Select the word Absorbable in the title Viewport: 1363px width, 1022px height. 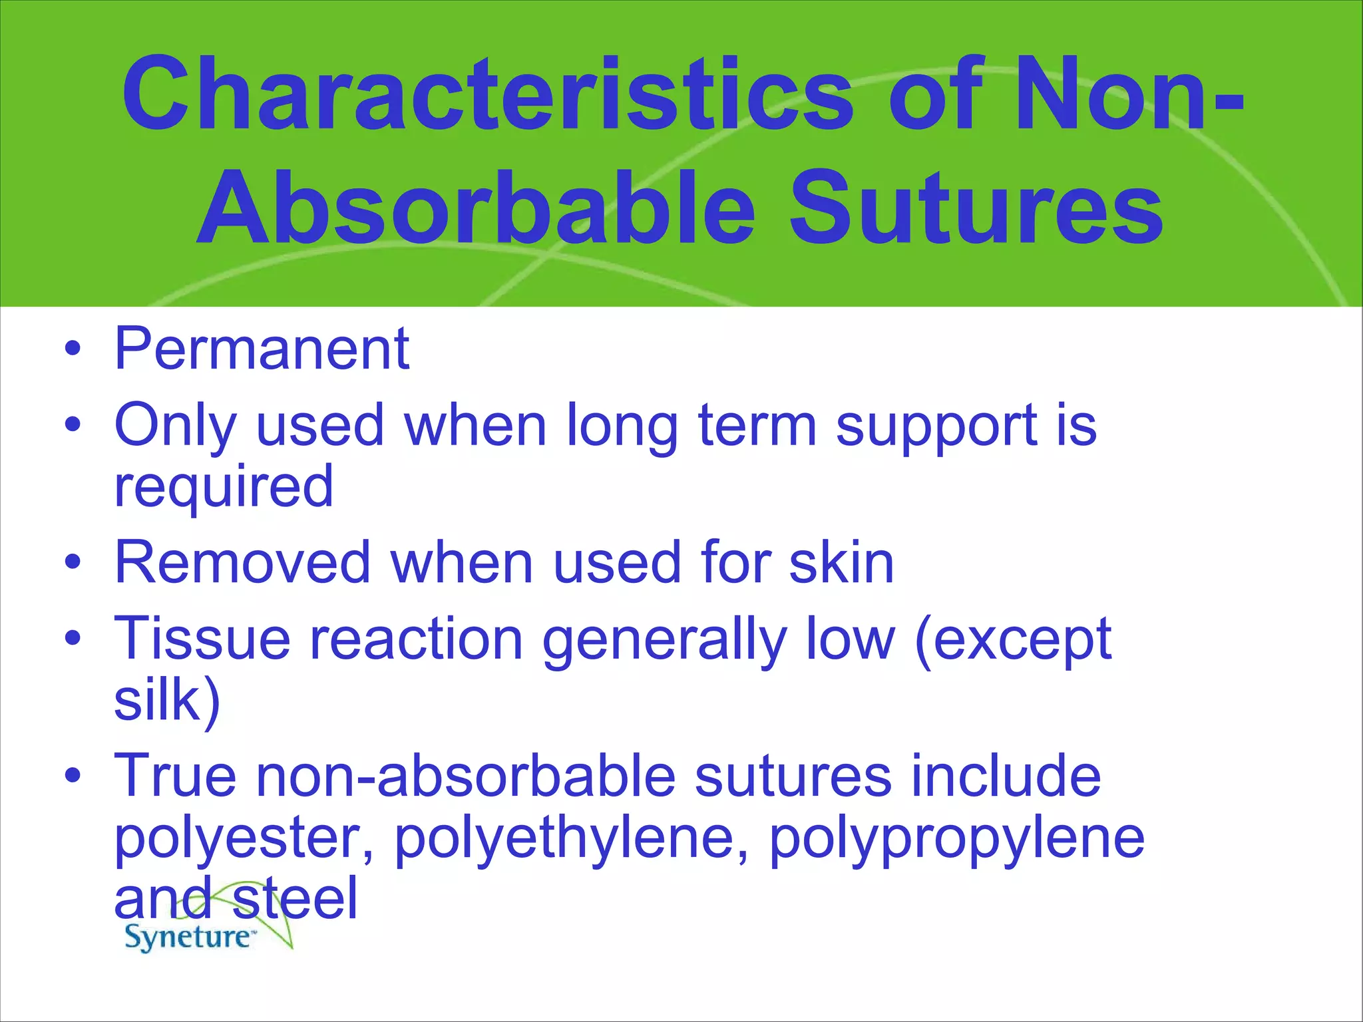click(x=476, y=208)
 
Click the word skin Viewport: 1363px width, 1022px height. click(x=841, y=563)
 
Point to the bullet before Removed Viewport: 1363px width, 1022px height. click(x=73, y=563)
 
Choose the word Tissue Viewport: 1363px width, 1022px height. click(x=202, y=639)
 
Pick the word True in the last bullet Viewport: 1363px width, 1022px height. click(x=175, y=776)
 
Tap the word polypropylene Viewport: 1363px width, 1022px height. click(x=956, y=840)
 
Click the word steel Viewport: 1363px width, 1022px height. click(x=295, y=898)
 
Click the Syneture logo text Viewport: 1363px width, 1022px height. click(x=188, y=937)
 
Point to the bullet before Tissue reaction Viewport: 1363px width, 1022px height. click(x=73, y=639)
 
